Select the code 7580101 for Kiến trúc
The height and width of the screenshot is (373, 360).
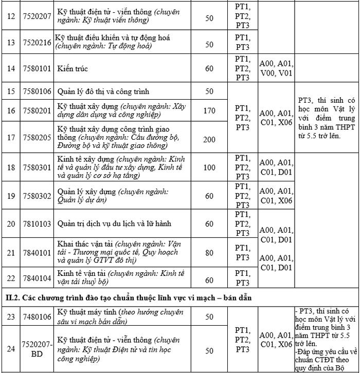pos(37,68)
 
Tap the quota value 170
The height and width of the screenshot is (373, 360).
pos(209,110)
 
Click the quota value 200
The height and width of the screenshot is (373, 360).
pos(209,139)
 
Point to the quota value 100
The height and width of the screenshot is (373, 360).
pos(209,167)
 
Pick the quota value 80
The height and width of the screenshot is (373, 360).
pos(209,252)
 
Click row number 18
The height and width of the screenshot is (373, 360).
pos(11,167)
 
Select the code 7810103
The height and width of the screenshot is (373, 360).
pos(37,224)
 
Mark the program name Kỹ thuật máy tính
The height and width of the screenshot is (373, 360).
pos(87,312)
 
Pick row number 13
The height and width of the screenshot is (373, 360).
pos(11,43)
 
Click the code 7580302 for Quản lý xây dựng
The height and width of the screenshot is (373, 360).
pos(37,196)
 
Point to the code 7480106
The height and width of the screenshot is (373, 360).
pos(37,316)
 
